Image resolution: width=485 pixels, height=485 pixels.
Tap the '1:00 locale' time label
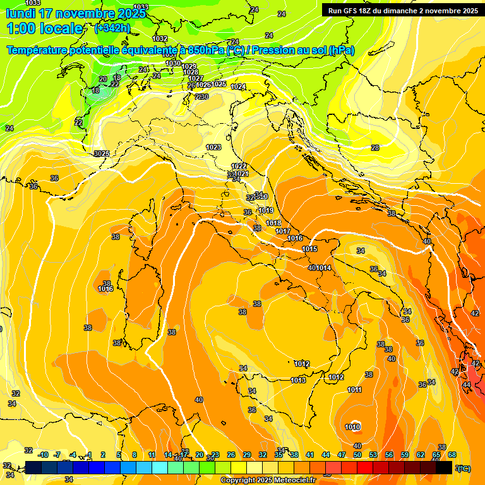click(44, 28)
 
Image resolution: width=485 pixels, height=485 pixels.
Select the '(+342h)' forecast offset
click(113, 28)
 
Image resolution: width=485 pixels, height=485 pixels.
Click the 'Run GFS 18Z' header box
click(401, 10)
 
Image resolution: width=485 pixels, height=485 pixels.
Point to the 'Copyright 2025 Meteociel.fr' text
click(268, 481)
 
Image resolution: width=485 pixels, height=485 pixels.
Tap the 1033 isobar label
click(140, 7)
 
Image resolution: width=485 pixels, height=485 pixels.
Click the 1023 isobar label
click(213, 147)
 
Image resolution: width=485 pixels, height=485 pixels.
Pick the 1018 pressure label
click(273, 223)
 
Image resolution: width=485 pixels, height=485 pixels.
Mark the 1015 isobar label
click(309, 249)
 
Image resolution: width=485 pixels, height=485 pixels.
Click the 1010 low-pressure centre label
click(352, 427)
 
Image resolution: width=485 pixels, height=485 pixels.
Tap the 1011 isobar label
click(354, 390)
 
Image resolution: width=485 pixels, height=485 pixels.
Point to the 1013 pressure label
click(298, 380)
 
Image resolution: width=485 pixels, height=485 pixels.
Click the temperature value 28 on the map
click(375, 147)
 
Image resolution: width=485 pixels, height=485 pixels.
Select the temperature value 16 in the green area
click(95, 91)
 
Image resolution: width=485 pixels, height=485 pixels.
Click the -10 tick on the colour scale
click(44, 455)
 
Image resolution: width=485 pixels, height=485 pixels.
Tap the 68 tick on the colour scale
click(452, 455)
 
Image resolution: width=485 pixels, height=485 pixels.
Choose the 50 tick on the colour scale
click(357, 455)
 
